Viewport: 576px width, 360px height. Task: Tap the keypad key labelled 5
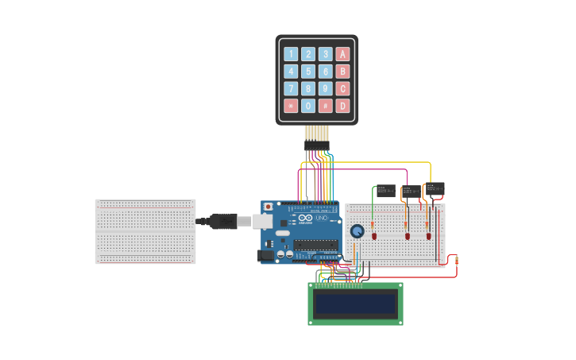pos(308,72)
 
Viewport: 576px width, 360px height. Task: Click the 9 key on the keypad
pos(326,89)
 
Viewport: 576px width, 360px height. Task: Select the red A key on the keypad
pos(342,54)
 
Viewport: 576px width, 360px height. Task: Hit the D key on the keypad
pos(342,106)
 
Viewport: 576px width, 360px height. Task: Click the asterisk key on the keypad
pos(291,106)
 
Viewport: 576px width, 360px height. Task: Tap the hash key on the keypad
pos(326,106)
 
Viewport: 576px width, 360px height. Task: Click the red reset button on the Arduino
pos(269,207)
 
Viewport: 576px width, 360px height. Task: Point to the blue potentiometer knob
pos(358,231)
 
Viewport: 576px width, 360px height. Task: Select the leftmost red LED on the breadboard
pos(374,236)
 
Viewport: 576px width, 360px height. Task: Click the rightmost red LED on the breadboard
pos(428,236)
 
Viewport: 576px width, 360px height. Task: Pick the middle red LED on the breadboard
pos(408,236)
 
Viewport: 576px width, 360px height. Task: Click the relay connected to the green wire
pos(385,191)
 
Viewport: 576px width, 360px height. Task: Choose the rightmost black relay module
pos(435,189)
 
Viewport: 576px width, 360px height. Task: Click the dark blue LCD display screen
pos(355,303)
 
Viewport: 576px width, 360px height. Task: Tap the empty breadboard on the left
pos(145,231)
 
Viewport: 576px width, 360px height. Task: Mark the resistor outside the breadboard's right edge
pos(456,260)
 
